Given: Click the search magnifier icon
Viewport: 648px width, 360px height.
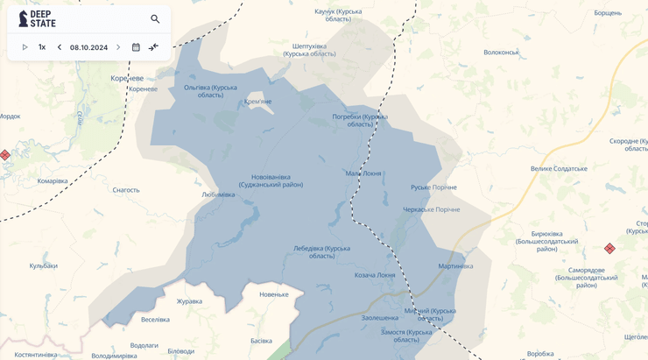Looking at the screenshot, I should click(155, 19).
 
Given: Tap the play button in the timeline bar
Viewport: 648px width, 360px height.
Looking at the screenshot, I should click(25, 47).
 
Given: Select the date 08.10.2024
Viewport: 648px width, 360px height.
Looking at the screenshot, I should click(88, 47).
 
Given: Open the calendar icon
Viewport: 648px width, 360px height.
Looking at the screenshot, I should click(136, 47).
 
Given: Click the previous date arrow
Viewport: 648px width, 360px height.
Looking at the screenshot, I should click(60, 47).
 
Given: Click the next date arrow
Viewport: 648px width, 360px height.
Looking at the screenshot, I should click(118, 47).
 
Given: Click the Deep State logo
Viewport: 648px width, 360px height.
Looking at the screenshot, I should click(37, 19).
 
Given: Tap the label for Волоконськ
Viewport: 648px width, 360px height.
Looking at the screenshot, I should click(501, 53).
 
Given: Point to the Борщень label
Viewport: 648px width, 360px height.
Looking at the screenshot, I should click(608, 13).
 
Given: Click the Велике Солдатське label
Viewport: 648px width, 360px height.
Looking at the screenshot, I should click(559, 168).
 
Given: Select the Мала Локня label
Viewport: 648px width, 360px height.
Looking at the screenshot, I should click(363, 173).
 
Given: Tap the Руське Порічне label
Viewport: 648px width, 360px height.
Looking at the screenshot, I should click(433, 187).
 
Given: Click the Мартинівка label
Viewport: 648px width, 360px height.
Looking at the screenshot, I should click(455, 266).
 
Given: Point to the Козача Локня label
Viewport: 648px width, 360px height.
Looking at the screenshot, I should click(375, 275).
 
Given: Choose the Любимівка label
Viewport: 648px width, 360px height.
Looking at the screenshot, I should click(218, 194).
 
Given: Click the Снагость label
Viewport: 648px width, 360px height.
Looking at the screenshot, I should click(126, 189).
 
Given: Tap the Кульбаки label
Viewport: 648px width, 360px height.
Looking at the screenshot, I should click(43, 265).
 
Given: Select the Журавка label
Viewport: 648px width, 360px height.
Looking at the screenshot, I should click(189, 301).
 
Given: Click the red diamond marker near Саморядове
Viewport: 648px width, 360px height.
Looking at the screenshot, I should click(609, 249).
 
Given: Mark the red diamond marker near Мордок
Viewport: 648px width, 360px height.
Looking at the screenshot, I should click(5, 155).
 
